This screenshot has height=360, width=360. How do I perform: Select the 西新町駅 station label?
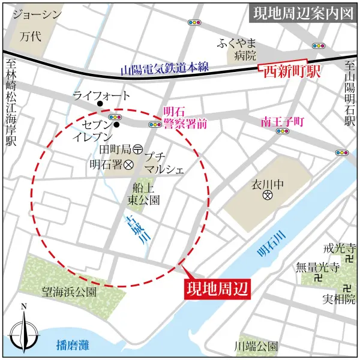click(290, 73)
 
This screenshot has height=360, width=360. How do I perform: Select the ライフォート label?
click(101, 95)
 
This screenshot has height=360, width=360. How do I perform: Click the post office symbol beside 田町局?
click(137, 148)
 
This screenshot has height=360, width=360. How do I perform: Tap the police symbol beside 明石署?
click(128, 163)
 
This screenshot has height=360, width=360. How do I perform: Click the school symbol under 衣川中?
click(269, 196)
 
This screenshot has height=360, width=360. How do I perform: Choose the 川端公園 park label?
click(256, 346)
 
